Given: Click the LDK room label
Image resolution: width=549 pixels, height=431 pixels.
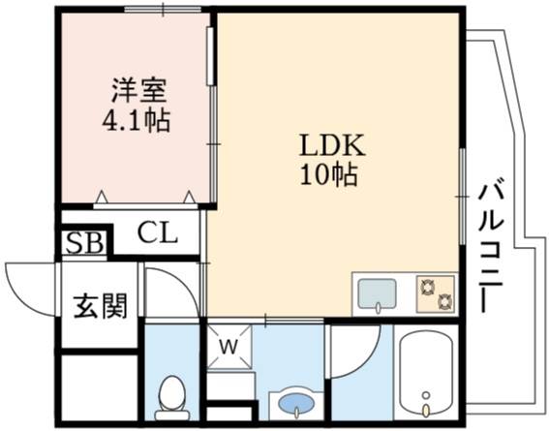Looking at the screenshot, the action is click(x=332, y=145).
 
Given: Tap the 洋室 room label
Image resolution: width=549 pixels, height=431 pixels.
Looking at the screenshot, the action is click(x=138, y=90).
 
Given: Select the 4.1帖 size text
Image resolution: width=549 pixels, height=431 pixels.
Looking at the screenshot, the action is click(x=137, y=120).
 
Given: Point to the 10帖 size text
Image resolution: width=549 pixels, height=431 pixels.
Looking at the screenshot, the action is click(x=329, y=174).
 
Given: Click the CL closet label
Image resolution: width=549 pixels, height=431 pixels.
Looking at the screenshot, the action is click(x=157, y=232).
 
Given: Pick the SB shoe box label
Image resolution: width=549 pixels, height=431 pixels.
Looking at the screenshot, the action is click(x=85, y=242).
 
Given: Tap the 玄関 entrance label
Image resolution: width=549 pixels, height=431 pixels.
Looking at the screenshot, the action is click(x=100, y=306).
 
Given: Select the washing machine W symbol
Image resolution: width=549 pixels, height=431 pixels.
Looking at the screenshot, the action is click(x=229, y=347).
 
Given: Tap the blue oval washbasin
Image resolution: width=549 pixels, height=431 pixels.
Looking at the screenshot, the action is click(x=296, y=403).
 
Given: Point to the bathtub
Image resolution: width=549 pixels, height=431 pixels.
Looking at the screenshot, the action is click(x=426, y=373).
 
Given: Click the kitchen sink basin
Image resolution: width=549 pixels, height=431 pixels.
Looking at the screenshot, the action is click(x=377, y=293).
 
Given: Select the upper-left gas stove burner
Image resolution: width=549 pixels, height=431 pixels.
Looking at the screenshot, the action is click(x=427, y=288).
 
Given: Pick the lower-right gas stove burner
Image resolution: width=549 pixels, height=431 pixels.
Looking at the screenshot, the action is click(x=444, y=301).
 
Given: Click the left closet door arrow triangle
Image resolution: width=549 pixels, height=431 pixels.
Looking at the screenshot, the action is click(x=102, y=197).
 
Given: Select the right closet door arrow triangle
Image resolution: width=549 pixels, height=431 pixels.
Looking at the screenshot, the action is click(x=190, y=197).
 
